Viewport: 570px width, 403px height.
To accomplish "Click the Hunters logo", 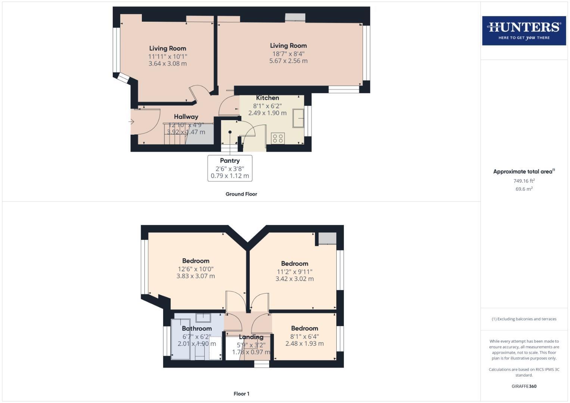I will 524,31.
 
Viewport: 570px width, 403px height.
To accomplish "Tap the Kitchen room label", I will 267,98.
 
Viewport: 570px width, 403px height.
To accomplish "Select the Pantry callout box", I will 230,168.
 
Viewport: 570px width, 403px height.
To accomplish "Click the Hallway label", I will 186,117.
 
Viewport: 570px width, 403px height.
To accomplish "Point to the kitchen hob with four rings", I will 278,138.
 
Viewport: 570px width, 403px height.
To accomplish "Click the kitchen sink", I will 298,118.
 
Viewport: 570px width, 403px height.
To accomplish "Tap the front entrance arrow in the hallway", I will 131,122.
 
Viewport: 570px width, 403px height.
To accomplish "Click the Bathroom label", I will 197,328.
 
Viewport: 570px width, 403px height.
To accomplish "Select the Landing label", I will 251,337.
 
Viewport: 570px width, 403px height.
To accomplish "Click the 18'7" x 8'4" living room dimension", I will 288,54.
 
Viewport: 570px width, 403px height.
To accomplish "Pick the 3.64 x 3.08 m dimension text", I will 168,63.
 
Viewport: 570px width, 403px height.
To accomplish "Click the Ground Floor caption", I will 241,194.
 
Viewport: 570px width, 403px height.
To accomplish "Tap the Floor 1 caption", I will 241,394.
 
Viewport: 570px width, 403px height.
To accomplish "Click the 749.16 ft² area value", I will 524,181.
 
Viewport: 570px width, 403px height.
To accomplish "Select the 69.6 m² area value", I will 524,189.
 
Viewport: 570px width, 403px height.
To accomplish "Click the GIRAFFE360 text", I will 524,386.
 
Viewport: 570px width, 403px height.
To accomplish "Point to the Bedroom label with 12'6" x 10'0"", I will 196,261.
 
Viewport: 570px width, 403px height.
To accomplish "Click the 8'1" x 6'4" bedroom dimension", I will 305,336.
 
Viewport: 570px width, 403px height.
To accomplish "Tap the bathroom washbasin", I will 203,318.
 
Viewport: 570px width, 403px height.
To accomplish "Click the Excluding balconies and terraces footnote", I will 524,319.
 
